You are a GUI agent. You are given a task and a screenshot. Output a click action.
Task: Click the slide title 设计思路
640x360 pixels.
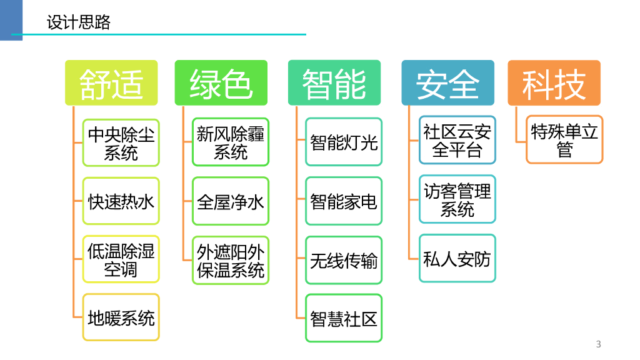click(x=79, y=23)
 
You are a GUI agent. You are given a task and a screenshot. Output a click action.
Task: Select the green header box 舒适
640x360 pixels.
click(x=111, y=83)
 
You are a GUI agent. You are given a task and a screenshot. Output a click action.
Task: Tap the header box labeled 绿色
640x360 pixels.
click(x=221, y=83)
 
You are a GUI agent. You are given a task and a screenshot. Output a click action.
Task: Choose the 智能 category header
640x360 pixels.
click(x=334, y=83)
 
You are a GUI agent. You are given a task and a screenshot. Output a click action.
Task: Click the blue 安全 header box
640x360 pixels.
click(x=447, y=83)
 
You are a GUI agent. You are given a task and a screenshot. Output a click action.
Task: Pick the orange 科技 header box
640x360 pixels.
click(x=554, y=83)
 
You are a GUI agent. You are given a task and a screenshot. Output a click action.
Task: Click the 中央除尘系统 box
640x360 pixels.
click(x=121, y=142)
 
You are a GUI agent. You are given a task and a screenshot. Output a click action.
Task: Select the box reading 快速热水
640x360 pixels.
click(x=121, y=201)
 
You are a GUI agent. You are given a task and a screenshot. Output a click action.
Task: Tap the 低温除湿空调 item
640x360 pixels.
click(x=121, y=260)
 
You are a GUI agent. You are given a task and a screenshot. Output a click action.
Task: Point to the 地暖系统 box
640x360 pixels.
click(x=121, y=318)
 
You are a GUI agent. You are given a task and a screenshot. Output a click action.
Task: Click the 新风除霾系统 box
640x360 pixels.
click(x=231, y=142)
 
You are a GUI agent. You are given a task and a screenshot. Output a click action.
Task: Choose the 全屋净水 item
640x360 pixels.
click(x=231, y=201)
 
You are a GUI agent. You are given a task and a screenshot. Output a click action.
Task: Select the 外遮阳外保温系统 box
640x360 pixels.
click(x=231, y=261)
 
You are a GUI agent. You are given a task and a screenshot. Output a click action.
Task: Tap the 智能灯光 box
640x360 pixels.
click(x=344, y=142)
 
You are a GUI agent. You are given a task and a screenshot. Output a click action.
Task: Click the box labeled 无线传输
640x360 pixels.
click(x=344, y=260)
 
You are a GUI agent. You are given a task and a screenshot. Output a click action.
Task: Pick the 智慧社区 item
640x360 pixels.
click(x=344, y=318)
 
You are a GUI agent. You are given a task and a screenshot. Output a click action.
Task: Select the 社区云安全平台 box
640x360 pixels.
click(x=457, y=141)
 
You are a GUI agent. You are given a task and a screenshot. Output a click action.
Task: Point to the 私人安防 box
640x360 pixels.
click(x=457, y=258)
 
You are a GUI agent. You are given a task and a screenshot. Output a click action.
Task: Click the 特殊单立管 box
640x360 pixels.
click(x=564, y=140)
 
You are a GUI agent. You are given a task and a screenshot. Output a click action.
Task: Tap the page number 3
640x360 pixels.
click(x=598, y=344)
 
